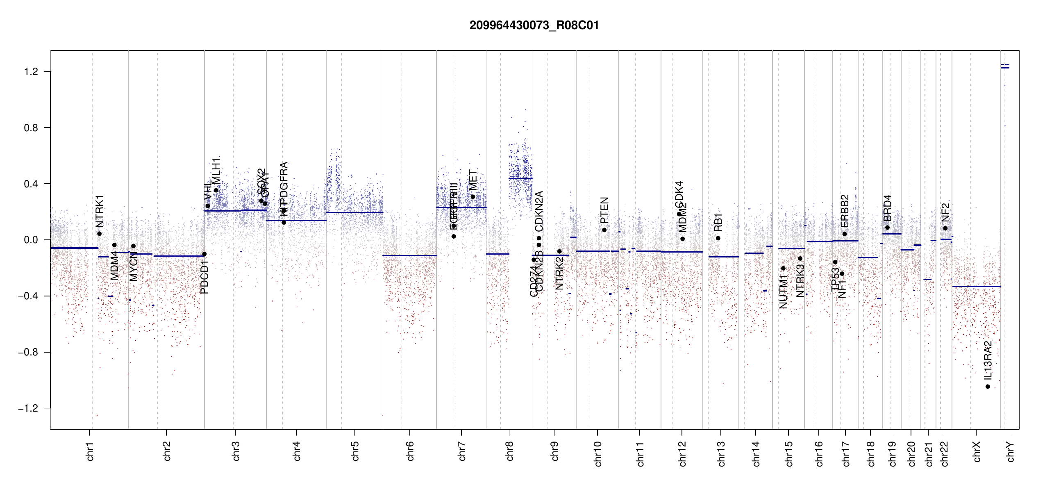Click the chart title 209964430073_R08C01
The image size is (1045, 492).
click(534, 25)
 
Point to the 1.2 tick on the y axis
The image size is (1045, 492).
click(31, 72)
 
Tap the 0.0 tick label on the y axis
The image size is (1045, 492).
click(31, 240)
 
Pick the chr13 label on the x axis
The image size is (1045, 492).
click(721, 453)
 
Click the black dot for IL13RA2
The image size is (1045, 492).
click(988, 387)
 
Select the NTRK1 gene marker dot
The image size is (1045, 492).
click(100, 234)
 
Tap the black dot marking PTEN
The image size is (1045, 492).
click(604, 230)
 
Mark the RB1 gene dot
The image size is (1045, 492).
click(718, 238)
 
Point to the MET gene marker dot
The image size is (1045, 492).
click(473, 197)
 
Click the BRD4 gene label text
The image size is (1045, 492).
click(887, 208)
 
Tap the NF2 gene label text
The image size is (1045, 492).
click(945, 212)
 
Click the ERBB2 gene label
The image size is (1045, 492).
click(845, 211)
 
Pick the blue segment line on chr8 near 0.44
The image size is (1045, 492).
click(520, 178)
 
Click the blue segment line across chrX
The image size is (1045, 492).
click(976, 286)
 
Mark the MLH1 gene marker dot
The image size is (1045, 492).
click(216, 190)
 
